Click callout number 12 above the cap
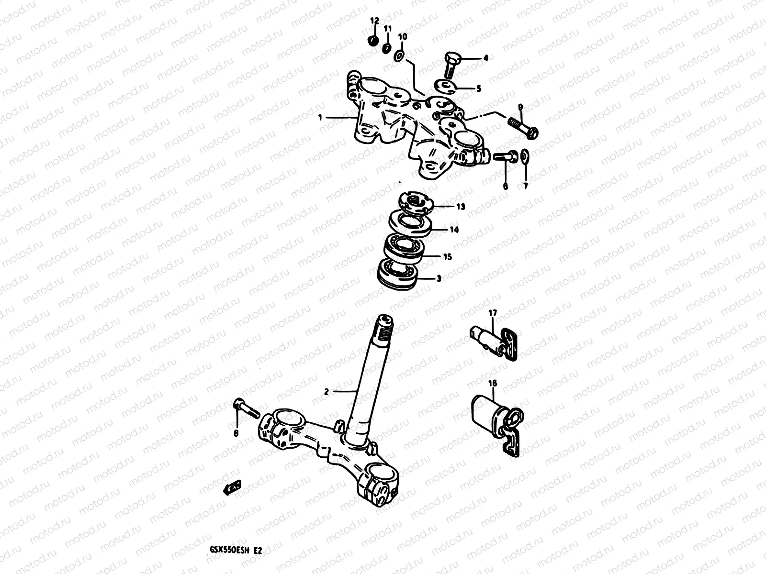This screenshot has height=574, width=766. tap(374, 21)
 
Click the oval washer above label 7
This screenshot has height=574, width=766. tap(525, 155)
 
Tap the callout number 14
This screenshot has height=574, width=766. tap(454, 230)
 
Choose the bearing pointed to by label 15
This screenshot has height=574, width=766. tap(403, 248)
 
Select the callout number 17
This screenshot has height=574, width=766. tap(493, 313)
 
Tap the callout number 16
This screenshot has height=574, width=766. tap(493, 383)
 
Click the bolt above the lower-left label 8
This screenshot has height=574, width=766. tap(245, 408)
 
